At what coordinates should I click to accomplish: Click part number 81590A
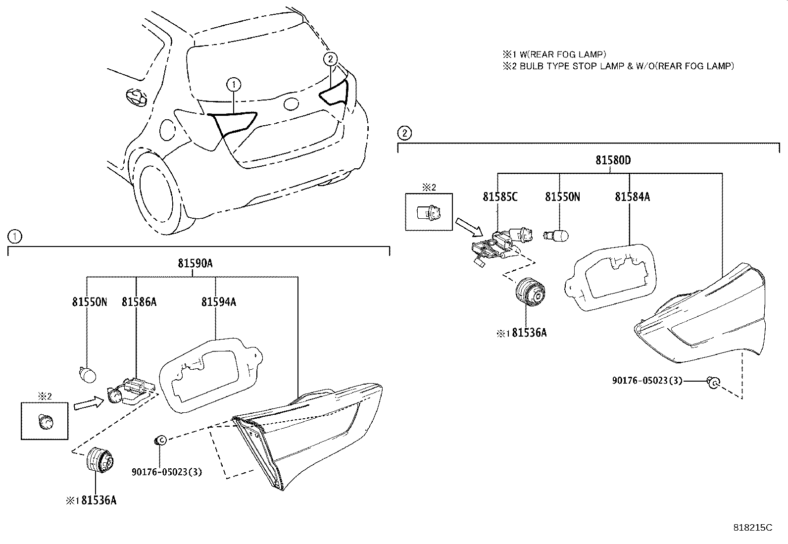click(x=195, y=264)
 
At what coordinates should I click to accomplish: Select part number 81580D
click(x=613, y=160)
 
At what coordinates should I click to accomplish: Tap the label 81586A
click(x=139, y=301)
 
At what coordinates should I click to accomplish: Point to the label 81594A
click(x=218, y=301)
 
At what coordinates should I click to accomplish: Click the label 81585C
click(x=500, y=197)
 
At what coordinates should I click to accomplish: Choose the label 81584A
click(x=632, y=197)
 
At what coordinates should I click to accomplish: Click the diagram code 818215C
click(x=752, y=528)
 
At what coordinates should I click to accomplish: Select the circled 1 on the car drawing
click(x=234, y=85)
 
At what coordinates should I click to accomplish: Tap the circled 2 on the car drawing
click(x=330, y=59)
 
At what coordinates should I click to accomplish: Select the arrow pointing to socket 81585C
click(x=468, y=226)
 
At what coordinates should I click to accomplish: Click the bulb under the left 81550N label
click(x=88, y=373)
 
